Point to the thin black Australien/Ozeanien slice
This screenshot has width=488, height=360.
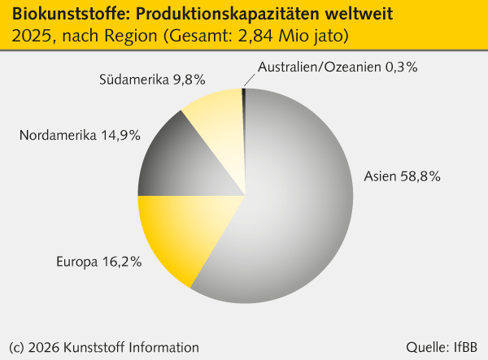tap(243, 94)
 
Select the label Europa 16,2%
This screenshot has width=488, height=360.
tap(99, 262)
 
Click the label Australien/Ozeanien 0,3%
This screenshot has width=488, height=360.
tap(338, 67)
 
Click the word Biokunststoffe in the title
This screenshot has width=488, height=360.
tap(51, 14)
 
